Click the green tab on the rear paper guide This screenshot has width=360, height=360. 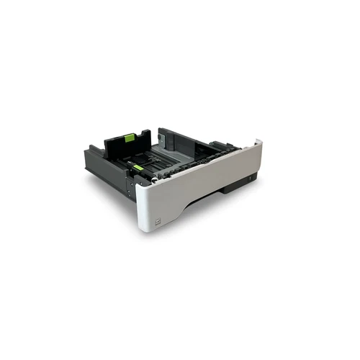point(130,138)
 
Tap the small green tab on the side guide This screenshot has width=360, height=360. point(137,167)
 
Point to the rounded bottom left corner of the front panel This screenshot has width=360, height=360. point(141,229)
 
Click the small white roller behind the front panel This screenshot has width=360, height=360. point(153,181)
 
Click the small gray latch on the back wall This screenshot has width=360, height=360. point(163,135)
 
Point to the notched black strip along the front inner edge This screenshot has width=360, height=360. point(187,163)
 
